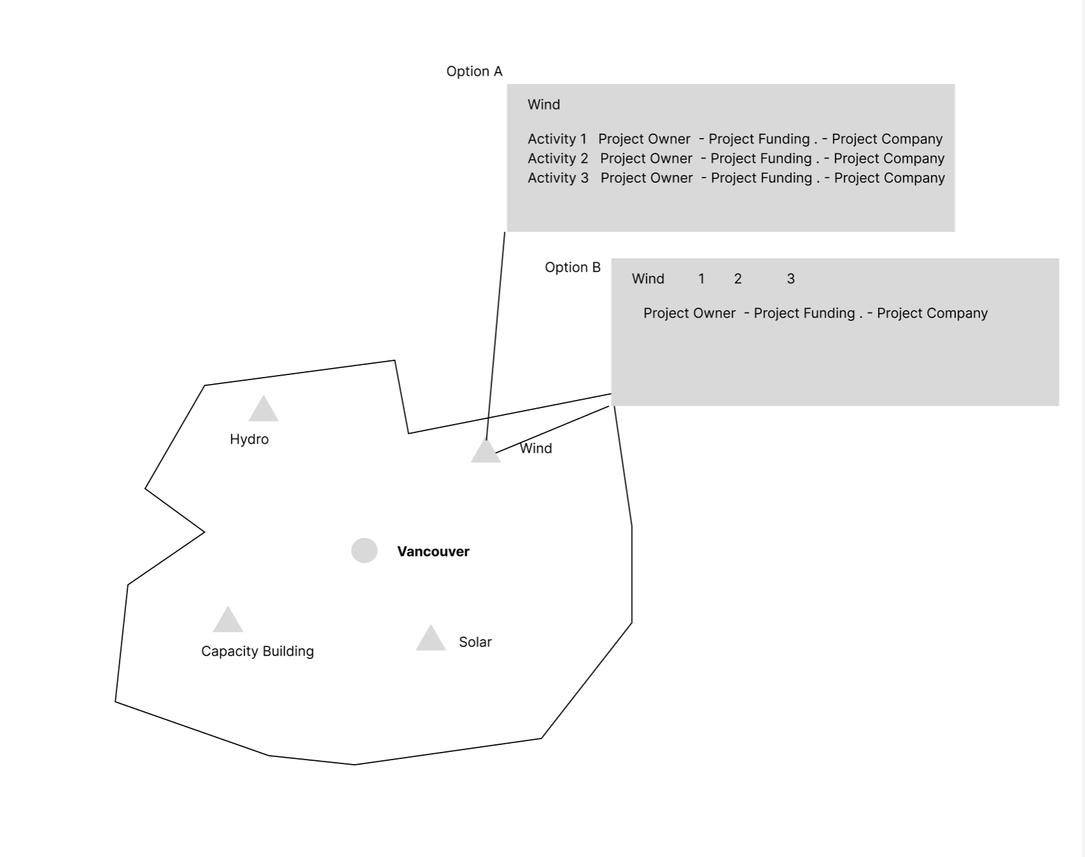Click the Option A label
tap(474, 71)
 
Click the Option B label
tap(572, 267)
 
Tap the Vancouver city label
tap(433, 551)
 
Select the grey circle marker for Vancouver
tap(364, 551)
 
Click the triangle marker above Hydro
tap(264, 410)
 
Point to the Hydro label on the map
tap(249, 439)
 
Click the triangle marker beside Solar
tap(430, 639)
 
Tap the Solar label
tap(475, 642)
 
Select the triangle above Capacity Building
tap(228, 621)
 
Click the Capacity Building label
tap(257, 651)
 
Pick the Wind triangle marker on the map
tap(486, 452)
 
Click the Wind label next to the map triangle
tap(535, 448)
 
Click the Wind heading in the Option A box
tap(544, 104)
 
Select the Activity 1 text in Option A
tap(557, 139)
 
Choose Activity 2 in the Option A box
tap(558, 159)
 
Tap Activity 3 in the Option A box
tap(558, 178)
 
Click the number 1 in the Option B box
tap(701, 279)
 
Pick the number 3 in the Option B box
tap(791, 279)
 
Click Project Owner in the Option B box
tap(689, 313)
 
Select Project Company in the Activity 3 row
tap(889, 178)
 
